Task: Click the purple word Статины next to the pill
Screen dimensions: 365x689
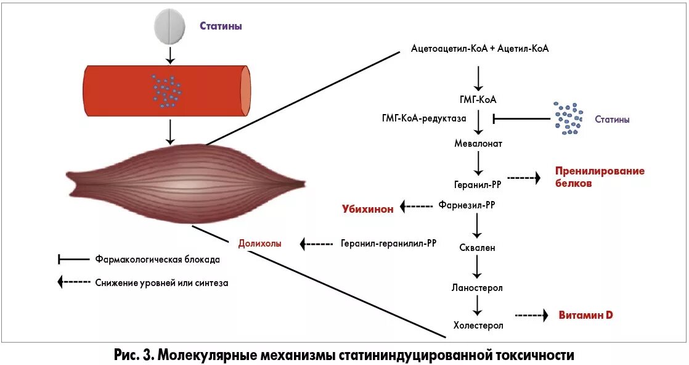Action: click(x=220, y=27)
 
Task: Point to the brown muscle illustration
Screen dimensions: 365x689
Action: click(x=185, y=184)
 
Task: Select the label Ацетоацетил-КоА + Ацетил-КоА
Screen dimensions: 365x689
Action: click(x=479, y=49)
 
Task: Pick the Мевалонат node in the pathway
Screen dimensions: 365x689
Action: click(x=478, y=144)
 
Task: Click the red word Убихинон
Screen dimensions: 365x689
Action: click(x=367, y=208)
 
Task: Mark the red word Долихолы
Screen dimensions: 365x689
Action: click(x=259, y=244)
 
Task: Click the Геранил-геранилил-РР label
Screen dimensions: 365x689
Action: click(x=388, y=244)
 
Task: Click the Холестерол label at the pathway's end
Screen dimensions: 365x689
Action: click(x=478, y=325)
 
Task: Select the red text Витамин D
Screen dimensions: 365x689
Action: click(x=585, y=315)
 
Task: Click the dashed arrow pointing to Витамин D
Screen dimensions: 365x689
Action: click(x=531, y=316)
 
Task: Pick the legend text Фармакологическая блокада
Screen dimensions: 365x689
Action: click(x=158, y=260)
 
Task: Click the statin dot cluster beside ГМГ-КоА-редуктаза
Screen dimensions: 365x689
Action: click(x=568, y=118)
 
